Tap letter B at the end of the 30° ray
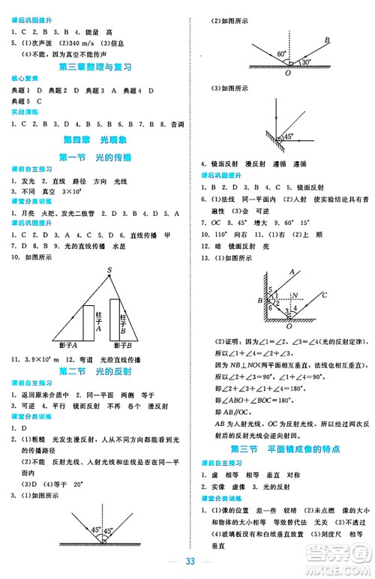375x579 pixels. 327,40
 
